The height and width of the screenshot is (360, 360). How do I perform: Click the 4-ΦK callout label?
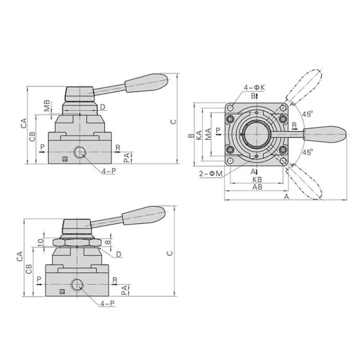click(x=254, y=87)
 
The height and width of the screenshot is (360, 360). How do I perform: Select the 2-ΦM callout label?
click(x=211, y=174)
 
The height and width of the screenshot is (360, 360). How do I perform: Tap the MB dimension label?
click(x=47, y=106)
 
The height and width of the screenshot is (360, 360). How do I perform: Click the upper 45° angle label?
click(x=307, y=114)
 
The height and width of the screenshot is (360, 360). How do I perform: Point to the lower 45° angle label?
click(x=307, y=152)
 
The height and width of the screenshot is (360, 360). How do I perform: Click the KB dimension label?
click(x=257, y=180)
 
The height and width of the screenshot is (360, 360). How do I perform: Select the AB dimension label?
click(x=257, y=187)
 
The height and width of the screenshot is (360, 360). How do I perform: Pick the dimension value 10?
click(x=40, y=243)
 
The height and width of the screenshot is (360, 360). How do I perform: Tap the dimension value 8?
click(x=108, y=242)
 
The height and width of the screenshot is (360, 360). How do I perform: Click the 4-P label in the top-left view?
click(x=109, y=171)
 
